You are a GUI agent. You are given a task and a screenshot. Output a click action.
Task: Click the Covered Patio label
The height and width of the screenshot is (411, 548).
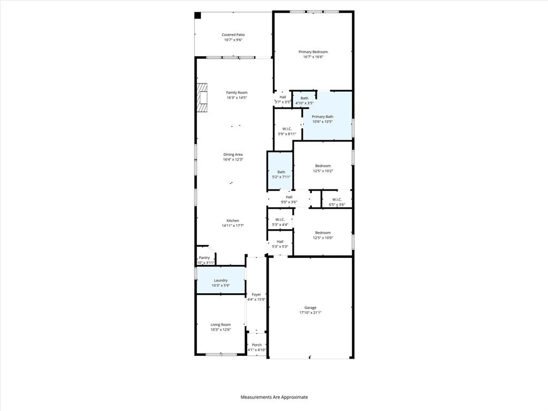(233, 35)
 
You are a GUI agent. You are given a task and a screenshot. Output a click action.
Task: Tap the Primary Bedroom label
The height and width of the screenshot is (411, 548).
(313, 52)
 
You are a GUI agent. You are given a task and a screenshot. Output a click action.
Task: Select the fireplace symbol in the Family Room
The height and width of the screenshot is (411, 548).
(201, 97)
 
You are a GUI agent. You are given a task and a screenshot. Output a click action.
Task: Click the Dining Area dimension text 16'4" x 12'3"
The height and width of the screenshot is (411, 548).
(233, 159)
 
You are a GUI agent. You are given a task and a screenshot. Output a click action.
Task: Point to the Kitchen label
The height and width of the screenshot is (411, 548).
(233, 220)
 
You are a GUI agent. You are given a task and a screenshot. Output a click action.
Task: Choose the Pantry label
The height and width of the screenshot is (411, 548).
(204, 257)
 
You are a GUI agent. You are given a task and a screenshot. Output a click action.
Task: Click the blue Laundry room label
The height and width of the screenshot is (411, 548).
(220, 280)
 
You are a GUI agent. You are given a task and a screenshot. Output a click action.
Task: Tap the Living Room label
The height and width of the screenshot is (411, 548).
(220, 324)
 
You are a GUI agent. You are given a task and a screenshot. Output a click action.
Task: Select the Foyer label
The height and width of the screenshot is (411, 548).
(256, 294)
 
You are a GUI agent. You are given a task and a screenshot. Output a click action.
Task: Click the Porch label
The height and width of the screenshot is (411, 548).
(257, 345)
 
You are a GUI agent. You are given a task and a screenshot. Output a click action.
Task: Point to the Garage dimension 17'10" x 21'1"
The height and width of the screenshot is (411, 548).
(310, 313)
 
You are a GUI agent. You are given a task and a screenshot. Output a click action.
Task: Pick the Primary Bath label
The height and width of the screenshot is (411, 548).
(322, 117)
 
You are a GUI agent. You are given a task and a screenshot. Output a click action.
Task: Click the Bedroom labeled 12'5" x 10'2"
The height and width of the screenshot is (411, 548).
(323, 166)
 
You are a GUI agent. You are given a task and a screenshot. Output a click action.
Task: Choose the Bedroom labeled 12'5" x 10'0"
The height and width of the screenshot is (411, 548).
(323, 233)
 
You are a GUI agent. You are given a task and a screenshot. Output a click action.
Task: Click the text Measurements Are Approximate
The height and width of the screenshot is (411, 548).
(274, 397)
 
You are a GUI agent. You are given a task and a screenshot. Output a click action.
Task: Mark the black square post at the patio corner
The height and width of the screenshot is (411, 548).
(197, 16)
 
